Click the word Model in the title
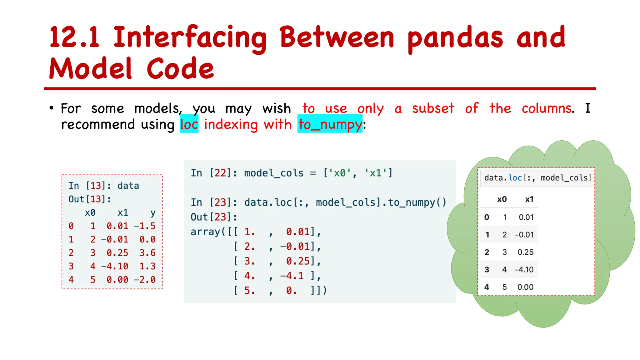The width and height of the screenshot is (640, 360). (x=91, y=69)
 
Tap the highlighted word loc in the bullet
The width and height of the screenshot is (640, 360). (x=189, y=124)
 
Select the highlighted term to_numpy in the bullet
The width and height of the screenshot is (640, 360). (x=330, y=124)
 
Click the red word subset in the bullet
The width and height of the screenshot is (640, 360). (x=433, y=108)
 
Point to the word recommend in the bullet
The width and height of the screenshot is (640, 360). (x=98, y=124)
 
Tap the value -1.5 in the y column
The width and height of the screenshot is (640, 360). (x=145, y=226)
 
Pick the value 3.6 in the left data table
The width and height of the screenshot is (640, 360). (x=147, y=253)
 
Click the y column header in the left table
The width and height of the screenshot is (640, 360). (x=153, y=213)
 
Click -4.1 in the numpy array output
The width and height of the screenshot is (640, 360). (x=292, y=276)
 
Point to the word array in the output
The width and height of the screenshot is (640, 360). (x=205, y=232)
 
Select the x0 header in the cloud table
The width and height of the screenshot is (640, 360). (x=502, y=199)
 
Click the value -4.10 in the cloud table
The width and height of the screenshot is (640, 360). (x=524, y=270)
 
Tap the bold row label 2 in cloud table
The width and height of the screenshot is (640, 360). (x=487, y=252)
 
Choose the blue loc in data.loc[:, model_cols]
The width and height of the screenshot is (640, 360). (x=515, y=178)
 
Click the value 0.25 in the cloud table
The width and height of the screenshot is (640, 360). (x=526, y=252)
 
